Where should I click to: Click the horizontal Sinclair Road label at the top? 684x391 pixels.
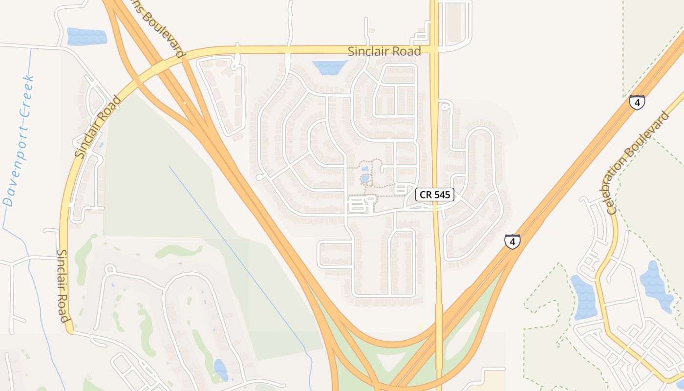coord(384,51)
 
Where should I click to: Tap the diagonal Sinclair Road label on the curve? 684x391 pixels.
coord(98,127)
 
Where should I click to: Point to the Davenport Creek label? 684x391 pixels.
coord(19,141)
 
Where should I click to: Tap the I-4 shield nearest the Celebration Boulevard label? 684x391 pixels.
coord(637,102)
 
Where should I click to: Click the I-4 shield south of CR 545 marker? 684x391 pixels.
coord(512,241)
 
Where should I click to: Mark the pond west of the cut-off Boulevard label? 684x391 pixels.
coord(86,37)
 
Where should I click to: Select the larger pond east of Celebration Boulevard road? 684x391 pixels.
coord(654,286)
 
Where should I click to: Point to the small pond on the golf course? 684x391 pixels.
coord(220,369)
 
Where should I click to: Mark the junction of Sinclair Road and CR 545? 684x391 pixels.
coord(434,49)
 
